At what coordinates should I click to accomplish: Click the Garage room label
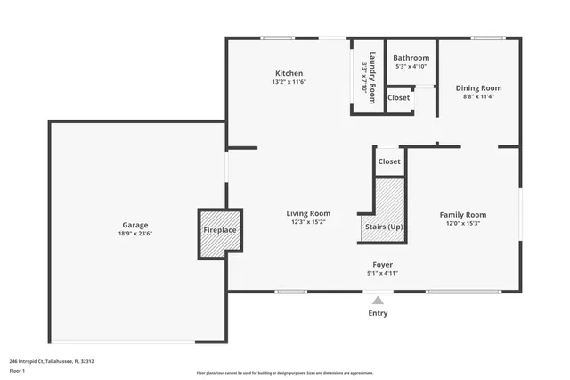[x=135, y=225]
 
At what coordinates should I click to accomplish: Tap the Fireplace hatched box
[x=220, y=232]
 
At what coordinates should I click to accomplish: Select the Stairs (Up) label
[x=384, y=227]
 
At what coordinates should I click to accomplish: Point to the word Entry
[x=378, y=313]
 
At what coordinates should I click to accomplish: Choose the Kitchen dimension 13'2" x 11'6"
[x=289, y=82]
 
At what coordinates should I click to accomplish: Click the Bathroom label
[x=411, y=58]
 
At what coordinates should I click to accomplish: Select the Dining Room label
[x=478, y=87]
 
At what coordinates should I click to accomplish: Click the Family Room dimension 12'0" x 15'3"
[x=463, y=224]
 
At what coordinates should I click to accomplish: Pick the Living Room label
[x=308, y=213]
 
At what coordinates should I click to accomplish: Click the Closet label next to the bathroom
[x=399, y=97]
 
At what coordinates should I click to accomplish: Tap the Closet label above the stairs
[x=389, y=161]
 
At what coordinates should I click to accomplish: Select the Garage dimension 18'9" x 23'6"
[x=135, y=234]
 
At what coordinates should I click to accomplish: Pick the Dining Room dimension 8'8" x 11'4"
[x=478, y=96]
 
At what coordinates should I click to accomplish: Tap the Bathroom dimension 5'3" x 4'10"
[x=411, y=66]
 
